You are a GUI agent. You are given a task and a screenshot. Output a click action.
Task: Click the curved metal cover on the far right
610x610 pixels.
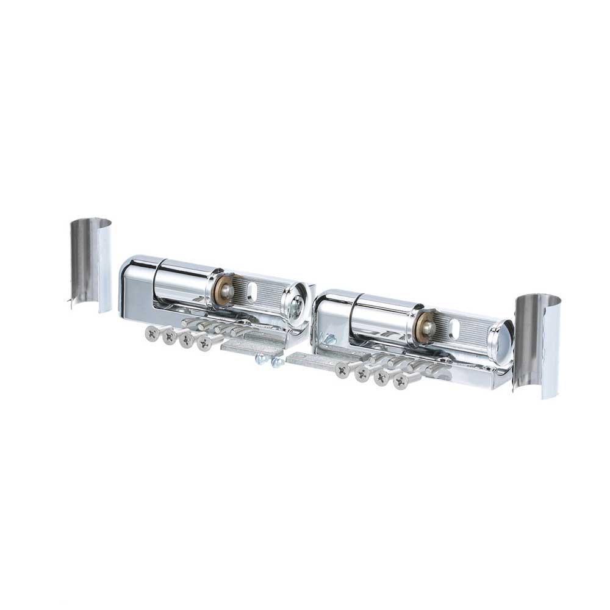[538, 345]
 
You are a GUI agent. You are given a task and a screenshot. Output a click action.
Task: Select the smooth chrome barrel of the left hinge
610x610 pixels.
[183, 282]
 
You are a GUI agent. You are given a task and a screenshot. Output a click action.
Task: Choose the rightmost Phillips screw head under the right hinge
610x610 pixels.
[400, 381]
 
